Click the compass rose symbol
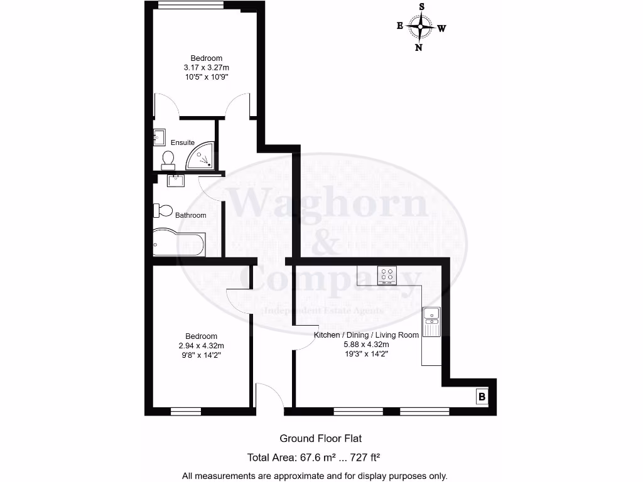click(x=421, y=27)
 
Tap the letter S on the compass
click(x=421, y=6)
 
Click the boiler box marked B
click(x=482, y=397)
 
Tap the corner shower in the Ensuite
click(x=202, y=156)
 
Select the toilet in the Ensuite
click(x=168, y=159)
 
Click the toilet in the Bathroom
click(x=163, y=210)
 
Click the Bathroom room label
click(x=190, y=215)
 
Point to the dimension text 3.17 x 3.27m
click(x=207, y=68)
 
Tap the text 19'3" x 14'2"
click(x=366, y=354)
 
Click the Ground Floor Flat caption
click(x=321, y=439)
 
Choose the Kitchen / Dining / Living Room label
click(x=366, y=335)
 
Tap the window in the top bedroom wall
click(x=190, y=5)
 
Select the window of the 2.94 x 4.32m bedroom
click(x=186, y=412)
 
